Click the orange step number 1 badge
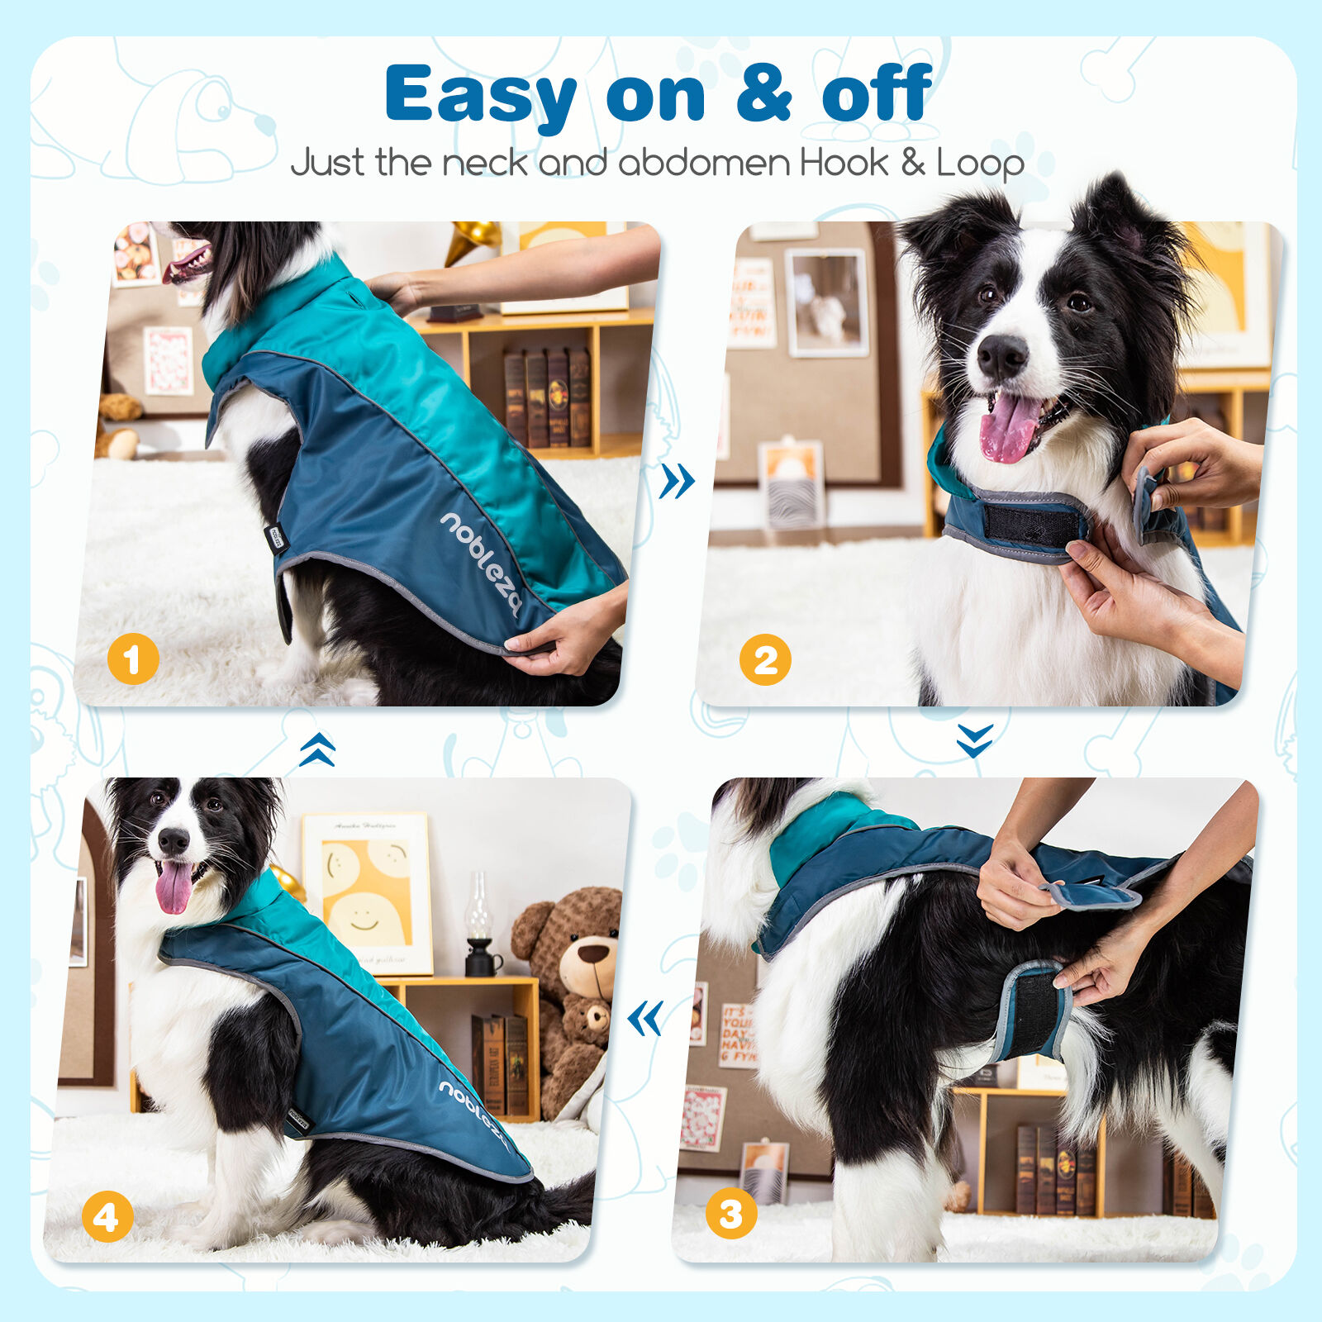click(133, 659)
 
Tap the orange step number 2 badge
click(765, 659)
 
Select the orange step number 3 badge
click(731, 1214)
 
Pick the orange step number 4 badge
click(107, 1217)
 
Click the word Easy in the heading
click(480, 96)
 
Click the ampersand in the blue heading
click(763, 94)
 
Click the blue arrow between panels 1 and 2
click(677, 481)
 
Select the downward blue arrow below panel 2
click(974, 740)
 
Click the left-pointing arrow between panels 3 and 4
click(645, 1018)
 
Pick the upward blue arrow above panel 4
click(317, 749)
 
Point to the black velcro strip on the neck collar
click(1033, 525)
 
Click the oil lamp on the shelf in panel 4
click(479, 925)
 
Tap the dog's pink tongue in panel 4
click(174, 887)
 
